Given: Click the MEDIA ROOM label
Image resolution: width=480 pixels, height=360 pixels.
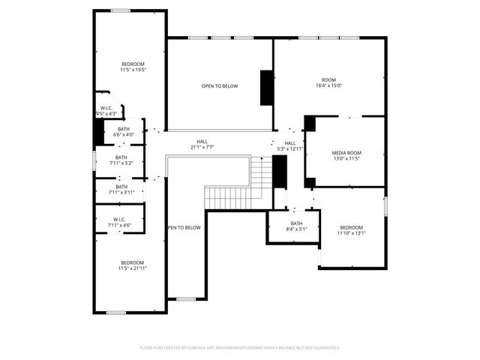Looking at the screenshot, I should [346, 153].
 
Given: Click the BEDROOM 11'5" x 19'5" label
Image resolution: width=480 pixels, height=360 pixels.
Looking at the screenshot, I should [133, 67].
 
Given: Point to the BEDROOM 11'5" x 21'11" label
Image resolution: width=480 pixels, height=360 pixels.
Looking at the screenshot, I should [131, 265].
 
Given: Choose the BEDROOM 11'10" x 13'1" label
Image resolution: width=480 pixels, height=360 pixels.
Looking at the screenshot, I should [351, 230].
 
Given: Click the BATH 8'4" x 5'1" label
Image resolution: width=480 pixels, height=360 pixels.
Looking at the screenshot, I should [296, 227].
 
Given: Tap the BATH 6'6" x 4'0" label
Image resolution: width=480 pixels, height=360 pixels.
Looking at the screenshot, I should [123, 131].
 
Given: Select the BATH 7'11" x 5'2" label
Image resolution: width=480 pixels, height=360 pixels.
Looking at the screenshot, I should [121, 160].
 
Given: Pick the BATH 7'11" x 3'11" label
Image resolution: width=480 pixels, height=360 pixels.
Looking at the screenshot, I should [121, 190].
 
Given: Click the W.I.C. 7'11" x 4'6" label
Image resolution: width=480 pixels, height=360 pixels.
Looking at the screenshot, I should [121, 222].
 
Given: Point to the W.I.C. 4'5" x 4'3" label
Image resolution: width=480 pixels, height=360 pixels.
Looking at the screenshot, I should [106, 111].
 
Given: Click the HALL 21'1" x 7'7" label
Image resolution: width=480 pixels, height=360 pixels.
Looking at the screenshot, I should [202, 144].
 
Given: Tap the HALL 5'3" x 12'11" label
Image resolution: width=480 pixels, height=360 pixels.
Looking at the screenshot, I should [290, 145].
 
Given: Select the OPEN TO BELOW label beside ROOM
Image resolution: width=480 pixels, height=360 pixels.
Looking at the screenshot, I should [220, 86].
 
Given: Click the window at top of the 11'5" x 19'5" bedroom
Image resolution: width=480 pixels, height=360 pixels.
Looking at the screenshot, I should [121, 10].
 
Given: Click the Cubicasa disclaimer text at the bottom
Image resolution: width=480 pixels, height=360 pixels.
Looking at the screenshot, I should [240, 348].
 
